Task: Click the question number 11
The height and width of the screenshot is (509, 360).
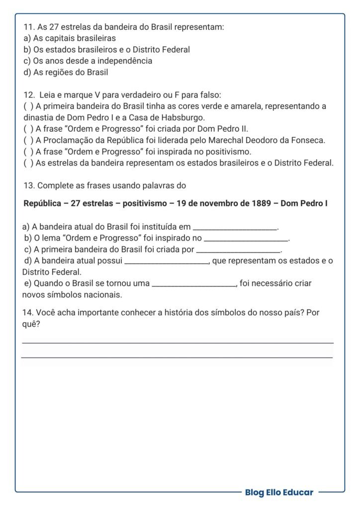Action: click(29, 27)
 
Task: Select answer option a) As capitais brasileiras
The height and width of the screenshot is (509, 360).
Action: click(70, 38)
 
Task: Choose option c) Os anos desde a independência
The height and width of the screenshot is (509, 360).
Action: click(88, 61)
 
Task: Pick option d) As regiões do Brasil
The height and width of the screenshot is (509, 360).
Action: click(66, 72)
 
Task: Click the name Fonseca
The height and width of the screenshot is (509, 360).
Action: click(309, 140)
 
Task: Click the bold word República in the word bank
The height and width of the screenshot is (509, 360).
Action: click(42, 203)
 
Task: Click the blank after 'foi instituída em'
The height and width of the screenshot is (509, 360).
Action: click(235, 228)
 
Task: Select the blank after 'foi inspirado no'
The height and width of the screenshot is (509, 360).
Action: click(246, 240)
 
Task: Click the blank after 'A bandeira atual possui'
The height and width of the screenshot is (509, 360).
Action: click(167, 262)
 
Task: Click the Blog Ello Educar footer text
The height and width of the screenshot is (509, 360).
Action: click(279, 492)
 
